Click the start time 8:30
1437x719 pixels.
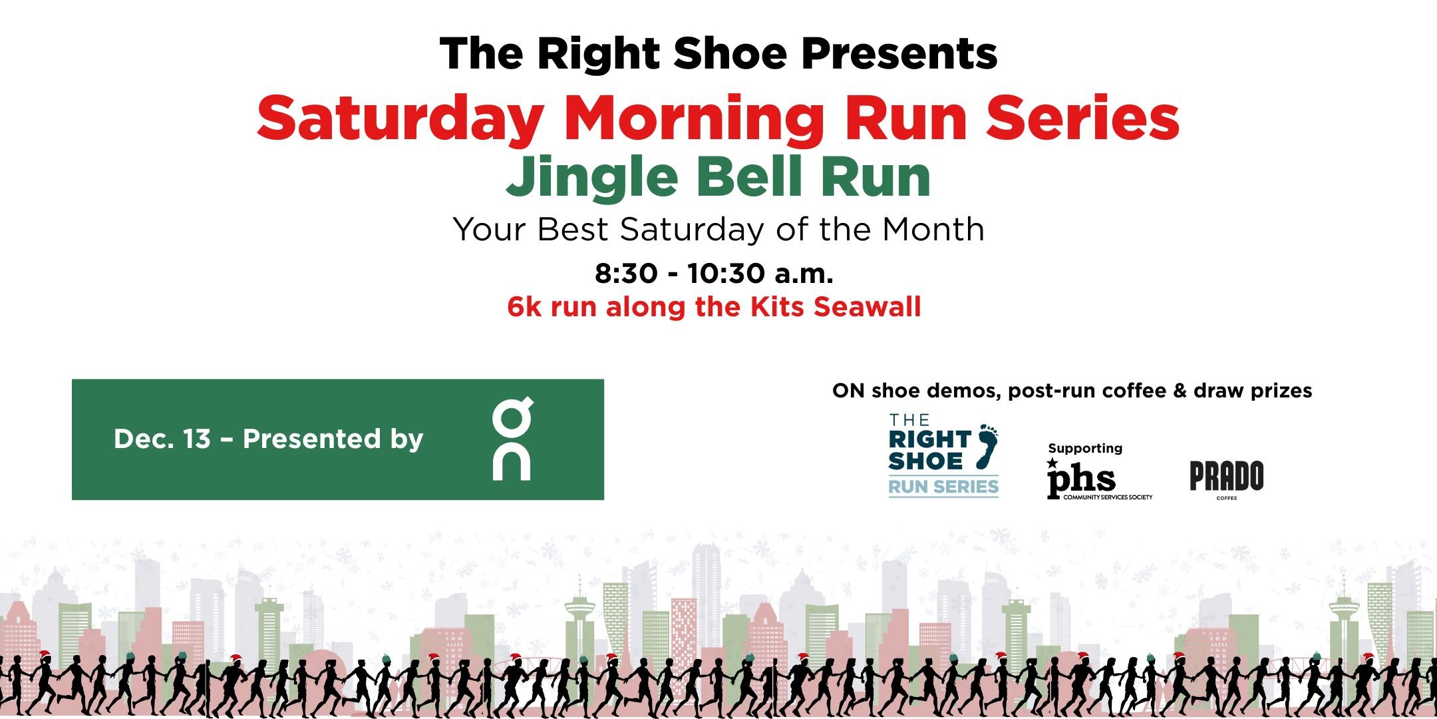point(626,274)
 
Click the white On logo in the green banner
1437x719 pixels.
point(512,439)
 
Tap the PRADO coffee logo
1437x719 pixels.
point(1226,478)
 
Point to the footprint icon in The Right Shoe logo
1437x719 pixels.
point(987,445)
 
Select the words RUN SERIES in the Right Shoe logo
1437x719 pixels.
point(943,487)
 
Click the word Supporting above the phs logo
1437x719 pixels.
point(1085,449)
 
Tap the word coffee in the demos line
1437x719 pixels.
point(1126,391)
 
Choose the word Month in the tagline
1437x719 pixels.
point(933,230)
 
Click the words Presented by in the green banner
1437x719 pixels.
point(333,439)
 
